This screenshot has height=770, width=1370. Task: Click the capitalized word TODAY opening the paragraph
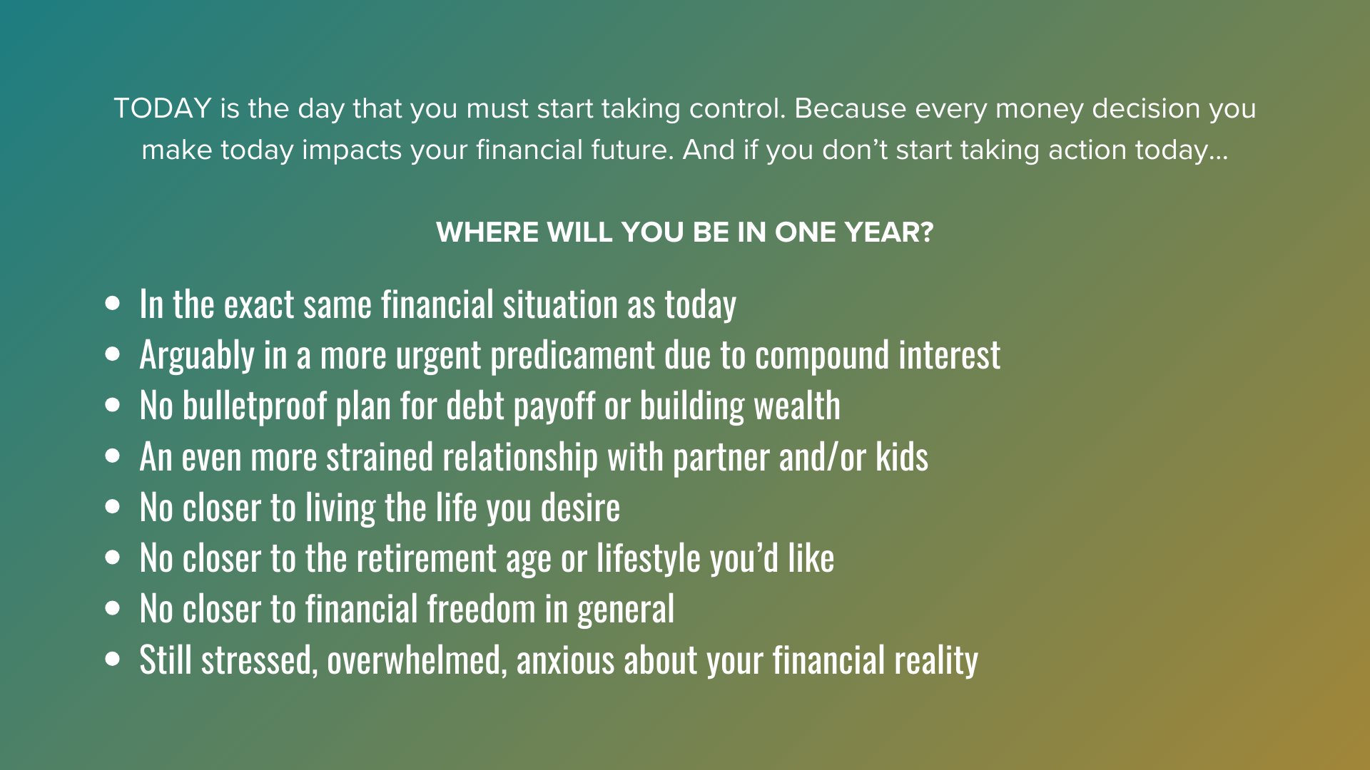click(163, 108)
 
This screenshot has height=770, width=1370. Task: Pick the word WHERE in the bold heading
click(487, 232)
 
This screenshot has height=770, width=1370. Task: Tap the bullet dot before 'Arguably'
click(113, 354)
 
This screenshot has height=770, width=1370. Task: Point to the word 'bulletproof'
click(255, 406)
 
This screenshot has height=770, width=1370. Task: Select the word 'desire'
click(581, 508)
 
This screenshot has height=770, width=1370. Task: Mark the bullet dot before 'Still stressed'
click(113, 659)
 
